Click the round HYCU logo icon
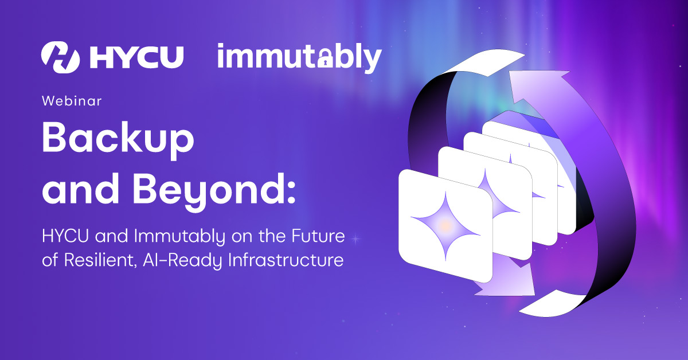pos(61,57)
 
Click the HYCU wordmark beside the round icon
pos(137,57)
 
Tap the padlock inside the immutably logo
pos(325,59)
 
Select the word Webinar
pos(72,101)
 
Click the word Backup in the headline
pos(118,140)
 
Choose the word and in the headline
pos(80,189)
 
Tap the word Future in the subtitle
pos(318,236)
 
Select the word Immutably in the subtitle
pos(179,237)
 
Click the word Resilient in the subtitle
pos(100,260)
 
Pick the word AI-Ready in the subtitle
pos(182,261)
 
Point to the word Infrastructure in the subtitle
pos(286,260)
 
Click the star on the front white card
pos(445,226)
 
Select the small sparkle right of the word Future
pos(355,239)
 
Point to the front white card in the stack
pos(445,226)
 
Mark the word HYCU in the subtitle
pos(65,236)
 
